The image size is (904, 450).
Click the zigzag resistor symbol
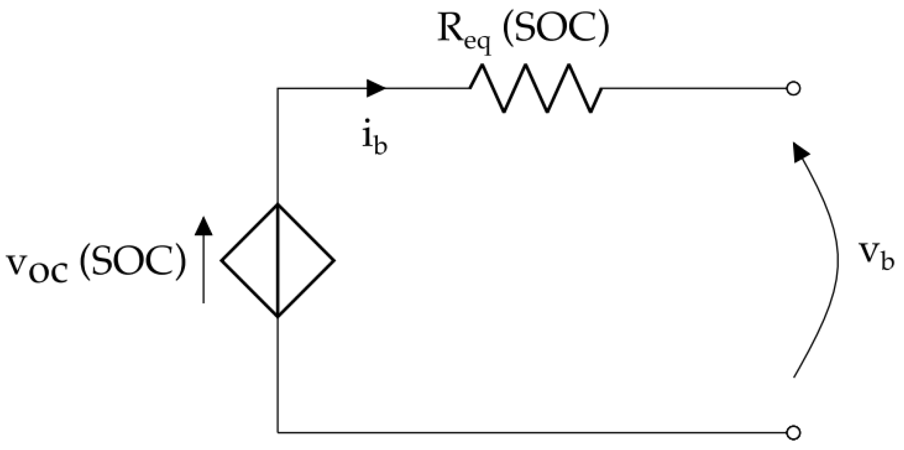coord(536,88)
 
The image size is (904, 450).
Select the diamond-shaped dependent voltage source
coord(278,260)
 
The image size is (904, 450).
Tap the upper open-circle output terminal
coord(793,88)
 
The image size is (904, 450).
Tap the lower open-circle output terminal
coord(793,433)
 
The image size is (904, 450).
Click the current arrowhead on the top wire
coord(376,88)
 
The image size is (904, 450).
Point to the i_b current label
coord(375,140)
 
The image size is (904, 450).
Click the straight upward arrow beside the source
coord(203,260)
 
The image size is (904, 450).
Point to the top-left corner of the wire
coord(278,88)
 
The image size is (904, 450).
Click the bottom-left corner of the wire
coord(278,433)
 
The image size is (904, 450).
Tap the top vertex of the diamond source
coord(278,204)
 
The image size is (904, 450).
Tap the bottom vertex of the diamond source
coord(278,317)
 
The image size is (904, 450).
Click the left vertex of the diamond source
coord(222,260)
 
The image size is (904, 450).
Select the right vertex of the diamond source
coord(334,260)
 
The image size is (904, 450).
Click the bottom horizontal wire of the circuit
coord(534,433)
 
